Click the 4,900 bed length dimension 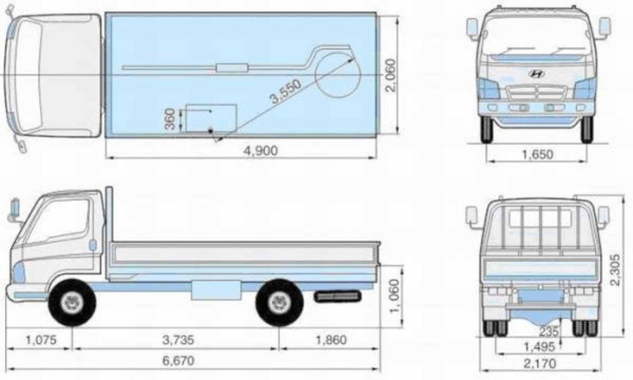coord(261,151)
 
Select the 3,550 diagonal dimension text coord(286,91)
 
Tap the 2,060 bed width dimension coord(390,75)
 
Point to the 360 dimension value coord(170,119)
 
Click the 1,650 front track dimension coord(538,154)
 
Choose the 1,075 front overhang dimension coord(41,340)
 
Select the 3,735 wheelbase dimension coord(178,340)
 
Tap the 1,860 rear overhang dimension coord(331,340)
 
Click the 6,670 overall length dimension coord(178,361)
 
